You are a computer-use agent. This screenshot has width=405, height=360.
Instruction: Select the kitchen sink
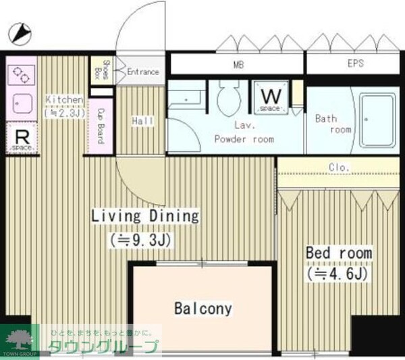pos(20,103)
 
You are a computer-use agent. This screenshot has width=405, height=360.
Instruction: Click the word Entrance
pos(142,72)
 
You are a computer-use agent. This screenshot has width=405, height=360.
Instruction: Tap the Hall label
pos(142,121)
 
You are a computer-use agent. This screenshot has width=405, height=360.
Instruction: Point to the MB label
pos(238,65)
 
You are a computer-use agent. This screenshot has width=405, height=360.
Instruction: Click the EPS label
pos(355,65)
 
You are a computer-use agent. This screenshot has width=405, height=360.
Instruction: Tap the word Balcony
pos(202,309)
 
